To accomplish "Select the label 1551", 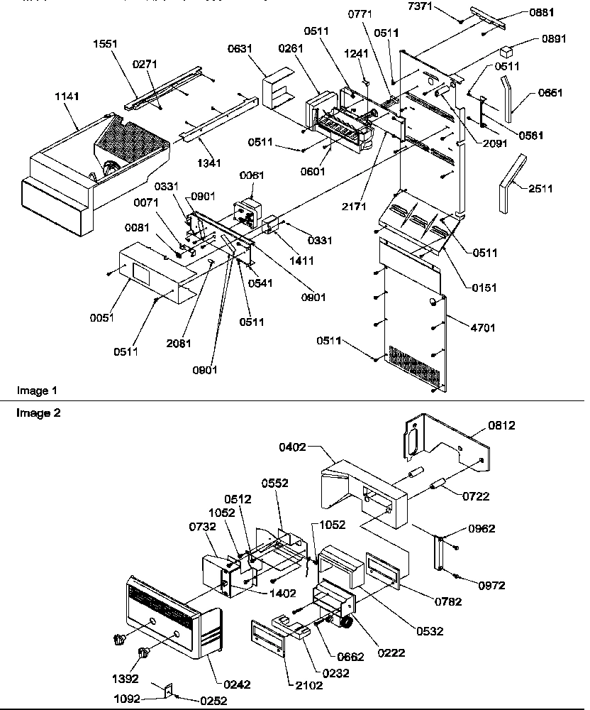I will [106, 45].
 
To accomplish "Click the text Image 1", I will [35, 390].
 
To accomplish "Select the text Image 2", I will [35, 413].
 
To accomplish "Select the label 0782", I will [449, 602].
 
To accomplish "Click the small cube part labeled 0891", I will [506, 52].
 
